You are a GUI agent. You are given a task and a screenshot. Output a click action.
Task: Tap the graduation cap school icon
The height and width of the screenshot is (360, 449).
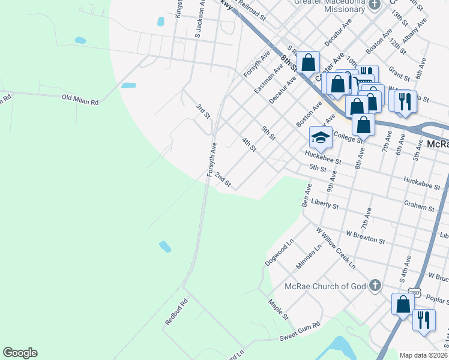321,137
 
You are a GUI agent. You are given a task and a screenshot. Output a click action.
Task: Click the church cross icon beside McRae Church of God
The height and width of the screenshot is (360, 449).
375,285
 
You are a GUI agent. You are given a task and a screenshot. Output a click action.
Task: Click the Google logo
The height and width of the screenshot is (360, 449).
20,353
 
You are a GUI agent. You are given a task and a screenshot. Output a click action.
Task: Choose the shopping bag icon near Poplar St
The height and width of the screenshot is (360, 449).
403,304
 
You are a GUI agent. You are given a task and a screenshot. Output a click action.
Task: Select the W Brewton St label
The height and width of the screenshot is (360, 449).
365,236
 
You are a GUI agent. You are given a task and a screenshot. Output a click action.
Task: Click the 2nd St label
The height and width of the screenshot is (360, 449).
223,179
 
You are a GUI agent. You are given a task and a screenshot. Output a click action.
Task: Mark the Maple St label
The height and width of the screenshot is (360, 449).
279,309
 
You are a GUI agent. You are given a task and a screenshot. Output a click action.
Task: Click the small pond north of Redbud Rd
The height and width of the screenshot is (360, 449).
164,247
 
